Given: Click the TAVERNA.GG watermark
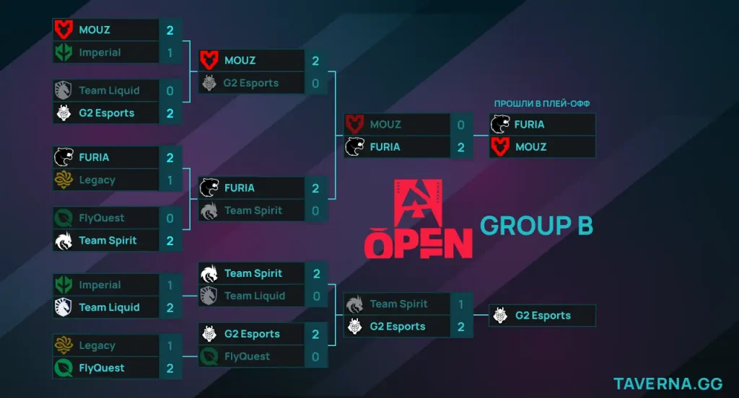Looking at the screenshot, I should coord(670,383).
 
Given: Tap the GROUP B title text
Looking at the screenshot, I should coord(536,226).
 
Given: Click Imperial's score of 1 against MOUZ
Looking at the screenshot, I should coord(170,53).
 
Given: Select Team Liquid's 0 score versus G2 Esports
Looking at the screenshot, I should coord(170,91).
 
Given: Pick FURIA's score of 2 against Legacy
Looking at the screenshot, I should coord(170,157).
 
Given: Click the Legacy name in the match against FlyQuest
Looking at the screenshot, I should coord(97,346).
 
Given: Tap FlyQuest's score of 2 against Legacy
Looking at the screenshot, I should coord(170,368).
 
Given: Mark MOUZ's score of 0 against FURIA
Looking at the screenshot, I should coord(460,125).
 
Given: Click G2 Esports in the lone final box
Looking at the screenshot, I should coord(543,316).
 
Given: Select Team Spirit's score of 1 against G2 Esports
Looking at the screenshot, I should coord(460,304).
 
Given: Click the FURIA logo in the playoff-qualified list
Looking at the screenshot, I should coord(499,124).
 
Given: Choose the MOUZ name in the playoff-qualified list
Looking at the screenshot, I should coord(530,147).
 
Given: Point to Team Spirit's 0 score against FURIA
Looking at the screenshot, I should coord(315,211).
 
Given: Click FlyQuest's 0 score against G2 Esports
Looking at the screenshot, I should coord(315,356).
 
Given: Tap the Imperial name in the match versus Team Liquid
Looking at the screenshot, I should coord(100,286).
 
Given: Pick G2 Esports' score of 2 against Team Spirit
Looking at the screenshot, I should coord(460,327).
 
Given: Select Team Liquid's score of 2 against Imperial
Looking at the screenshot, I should coord(170,308).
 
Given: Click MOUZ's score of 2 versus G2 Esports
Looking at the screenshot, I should coord(315,61).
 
